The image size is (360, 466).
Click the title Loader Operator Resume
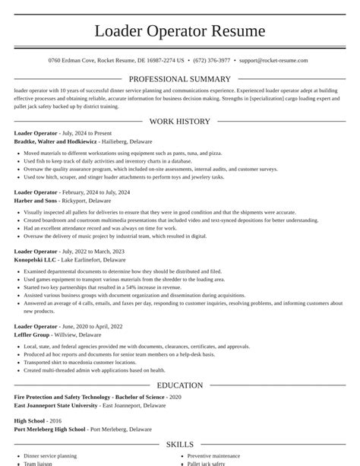coord(180,31)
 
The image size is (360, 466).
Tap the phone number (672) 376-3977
coord(212,59)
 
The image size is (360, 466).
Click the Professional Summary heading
coord(180,79)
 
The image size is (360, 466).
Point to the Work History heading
coord(179,121)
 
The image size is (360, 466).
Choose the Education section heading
coord(179,385)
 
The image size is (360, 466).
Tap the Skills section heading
coord(179,445)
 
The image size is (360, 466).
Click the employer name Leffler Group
coord(32,335)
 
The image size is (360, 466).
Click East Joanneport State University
coord(55,406)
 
